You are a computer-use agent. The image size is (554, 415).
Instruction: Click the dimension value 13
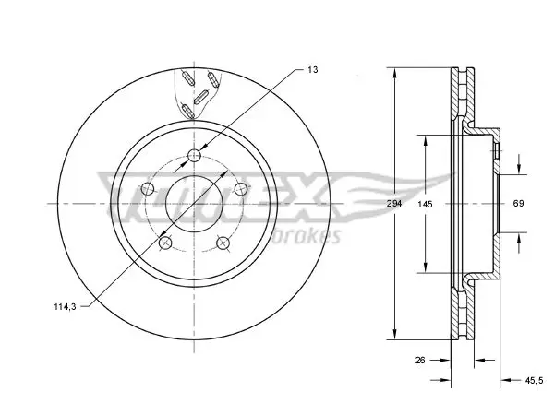coord(312,69)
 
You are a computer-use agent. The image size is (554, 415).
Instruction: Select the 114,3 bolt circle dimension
coord(65,307)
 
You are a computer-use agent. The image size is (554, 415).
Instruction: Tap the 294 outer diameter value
coord(394,204)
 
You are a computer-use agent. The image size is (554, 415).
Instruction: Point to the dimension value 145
coord(425,204)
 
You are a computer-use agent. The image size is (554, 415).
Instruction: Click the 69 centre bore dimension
coord(518,203)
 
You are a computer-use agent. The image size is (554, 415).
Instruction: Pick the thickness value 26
coord(420,360)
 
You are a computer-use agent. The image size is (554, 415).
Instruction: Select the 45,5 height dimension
coord(534,380)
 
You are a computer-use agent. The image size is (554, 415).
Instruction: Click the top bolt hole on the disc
coord(194,155)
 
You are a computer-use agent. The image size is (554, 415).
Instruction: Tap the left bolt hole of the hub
coord(148,189)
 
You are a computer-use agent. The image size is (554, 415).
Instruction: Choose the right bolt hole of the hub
coord(241,189)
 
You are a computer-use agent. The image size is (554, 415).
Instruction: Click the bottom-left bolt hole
coord(165,243)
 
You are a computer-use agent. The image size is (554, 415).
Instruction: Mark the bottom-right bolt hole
coord(223,243)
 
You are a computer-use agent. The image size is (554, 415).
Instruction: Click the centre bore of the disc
coord(194,204)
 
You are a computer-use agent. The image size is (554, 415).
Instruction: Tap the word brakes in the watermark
coord(307,236)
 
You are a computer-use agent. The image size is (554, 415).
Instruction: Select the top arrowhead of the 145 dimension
coord(426,141)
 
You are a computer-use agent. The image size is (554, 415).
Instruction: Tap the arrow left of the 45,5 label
coord(512,380)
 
